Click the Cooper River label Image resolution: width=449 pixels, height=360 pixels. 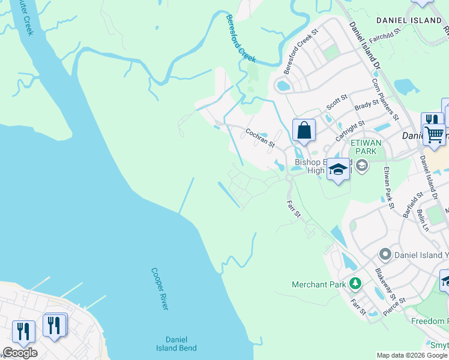click(160, 289)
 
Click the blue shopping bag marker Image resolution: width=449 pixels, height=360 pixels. click(304, 130)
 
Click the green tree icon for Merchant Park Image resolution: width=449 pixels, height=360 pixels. click(355, 283)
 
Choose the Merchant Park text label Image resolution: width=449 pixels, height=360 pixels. click(319, 284)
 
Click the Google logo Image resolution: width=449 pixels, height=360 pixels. click(19, 353)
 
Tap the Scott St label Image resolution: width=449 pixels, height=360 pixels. click(337, 102)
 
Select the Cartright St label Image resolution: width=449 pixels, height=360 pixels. click(350, 130)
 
